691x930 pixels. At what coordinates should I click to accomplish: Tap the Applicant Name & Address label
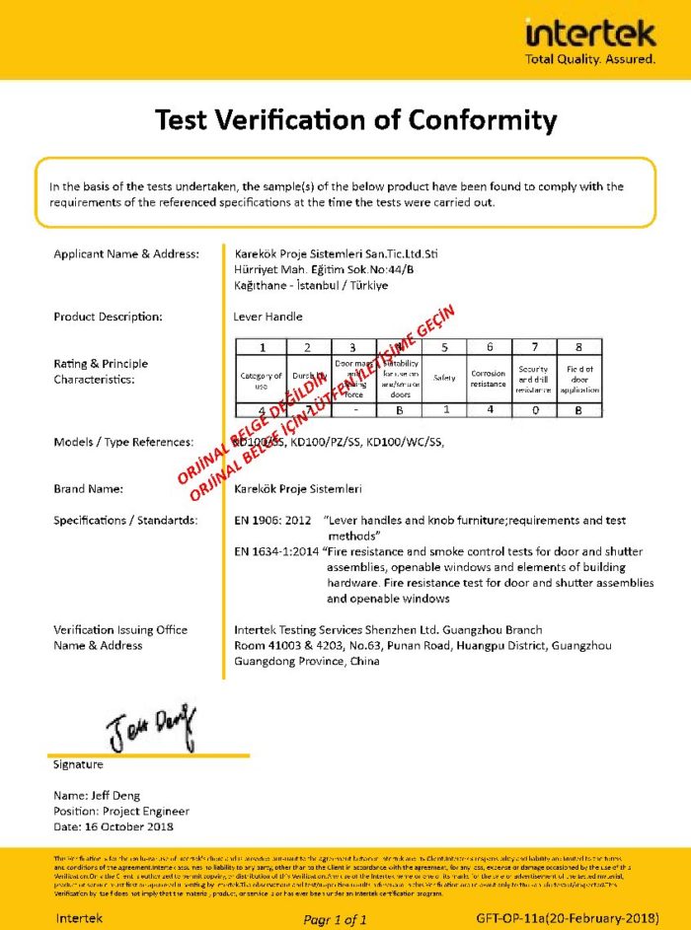(x=125, y=253)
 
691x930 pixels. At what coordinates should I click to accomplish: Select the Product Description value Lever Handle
(x=269, y=317)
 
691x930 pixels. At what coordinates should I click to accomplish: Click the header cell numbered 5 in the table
(x=444, y=347)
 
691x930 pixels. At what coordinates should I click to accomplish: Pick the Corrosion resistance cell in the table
(x=489, y=378)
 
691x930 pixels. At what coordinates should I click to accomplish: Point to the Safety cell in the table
(x=444, y=378)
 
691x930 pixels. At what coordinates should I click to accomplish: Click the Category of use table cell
(x=262, y=379)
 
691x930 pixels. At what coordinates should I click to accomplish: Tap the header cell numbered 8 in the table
(x=579, y=347)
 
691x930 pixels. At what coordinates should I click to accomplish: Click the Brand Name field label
(x=87, y=488)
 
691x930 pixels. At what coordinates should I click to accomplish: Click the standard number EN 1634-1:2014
(x=276, y=550)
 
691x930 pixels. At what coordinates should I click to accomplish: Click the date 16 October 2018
(x=113, y=826)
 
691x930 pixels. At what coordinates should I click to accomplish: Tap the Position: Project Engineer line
(x=108, y=811)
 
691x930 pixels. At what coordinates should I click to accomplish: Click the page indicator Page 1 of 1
(x=335, y=918)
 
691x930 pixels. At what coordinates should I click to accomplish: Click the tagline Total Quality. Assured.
(x=590, y=59)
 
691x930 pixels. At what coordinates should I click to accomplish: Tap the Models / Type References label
(x=122, y=442)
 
